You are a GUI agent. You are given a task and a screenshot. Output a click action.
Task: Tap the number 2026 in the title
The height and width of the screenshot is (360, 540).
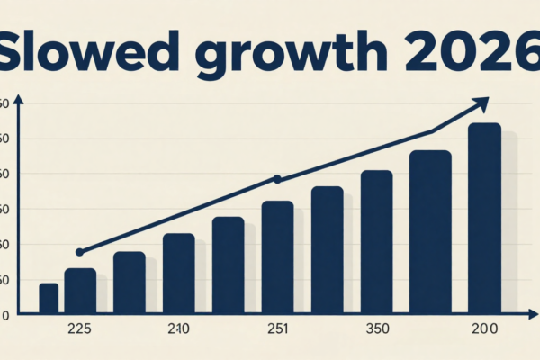[x=468, y=53]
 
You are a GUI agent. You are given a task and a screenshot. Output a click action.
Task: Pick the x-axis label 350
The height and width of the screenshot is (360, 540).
[x=375, y=330]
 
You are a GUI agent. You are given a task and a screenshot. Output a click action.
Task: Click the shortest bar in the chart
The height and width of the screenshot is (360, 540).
[x=49, y=299]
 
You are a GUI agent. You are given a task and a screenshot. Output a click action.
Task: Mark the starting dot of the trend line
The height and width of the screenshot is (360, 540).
[x=79, y=252]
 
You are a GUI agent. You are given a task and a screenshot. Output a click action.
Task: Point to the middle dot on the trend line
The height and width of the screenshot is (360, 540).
[x=277, y=179]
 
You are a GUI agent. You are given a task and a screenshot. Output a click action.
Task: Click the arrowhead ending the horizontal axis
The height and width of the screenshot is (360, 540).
[x=522, y=315]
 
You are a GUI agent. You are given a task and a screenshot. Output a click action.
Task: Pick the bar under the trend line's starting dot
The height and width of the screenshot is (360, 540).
[x=80, y=292]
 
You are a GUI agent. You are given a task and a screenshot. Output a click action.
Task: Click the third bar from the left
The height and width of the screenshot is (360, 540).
[x=130, y=283]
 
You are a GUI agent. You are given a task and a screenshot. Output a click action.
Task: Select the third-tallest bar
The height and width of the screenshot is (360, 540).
[x=376, y=242]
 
